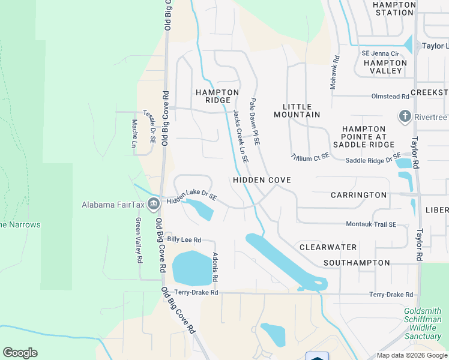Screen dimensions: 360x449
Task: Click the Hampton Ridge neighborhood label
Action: tap(213, 96)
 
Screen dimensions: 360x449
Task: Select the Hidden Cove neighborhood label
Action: tap(262, 180)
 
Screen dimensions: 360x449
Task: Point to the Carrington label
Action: tap(358, 195)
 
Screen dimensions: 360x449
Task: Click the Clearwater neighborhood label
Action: tap(328, 247)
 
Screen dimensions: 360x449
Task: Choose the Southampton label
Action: tap(356, 263)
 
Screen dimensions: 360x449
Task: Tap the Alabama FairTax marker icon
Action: tap(154, 205)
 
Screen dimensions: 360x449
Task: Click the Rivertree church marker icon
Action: tap(405, 116)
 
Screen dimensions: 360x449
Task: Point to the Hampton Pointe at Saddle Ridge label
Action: tap(363, 137)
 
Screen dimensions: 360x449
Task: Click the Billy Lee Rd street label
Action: tap(184, 239)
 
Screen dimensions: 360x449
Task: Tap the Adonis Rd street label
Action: tap(215, 268)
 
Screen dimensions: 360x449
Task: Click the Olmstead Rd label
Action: tap(389, 96)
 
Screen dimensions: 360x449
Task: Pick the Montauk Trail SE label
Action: tap(371, 224)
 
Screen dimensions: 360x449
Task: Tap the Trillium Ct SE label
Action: tap(310, 156)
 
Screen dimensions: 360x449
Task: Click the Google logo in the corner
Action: tap(20, 353)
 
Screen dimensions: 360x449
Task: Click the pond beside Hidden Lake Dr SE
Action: tap(199, 209)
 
